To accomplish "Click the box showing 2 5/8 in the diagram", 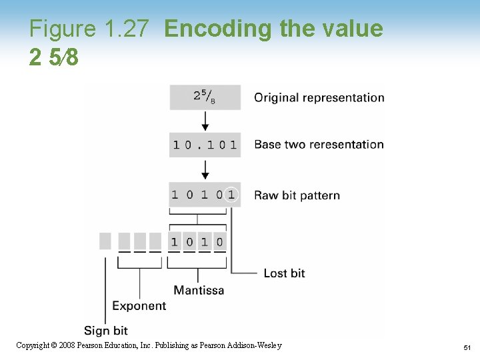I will [x=205, y=97].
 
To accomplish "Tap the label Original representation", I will [x=319, y=97].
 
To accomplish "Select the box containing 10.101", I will [x=205, y=145].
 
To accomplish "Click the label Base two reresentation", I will [x=319, y=145].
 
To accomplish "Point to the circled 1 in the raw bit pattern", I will [x=231, y=195].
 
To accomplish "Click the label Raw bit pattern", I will [x=297, y=195].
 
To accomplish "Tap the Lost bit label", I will [x=284, y=273].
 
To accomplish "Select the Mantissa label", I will [x=199, y=290].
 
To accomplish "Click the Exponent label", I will [x=139, y=306].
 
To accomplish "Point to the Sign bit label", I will [x=105, y=331].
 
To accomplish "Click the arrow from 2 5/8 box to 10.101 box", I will [x=205, y=121].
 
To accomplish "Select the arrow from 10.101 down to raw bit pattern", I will [x=205, y=169].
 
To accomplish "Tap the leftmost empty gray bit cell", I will [x=105, y=241].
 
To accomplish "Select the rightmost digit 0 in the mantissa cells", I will [x=220, y=241].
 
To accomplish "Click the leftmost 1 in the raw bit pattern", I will [x=175, y=195].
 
